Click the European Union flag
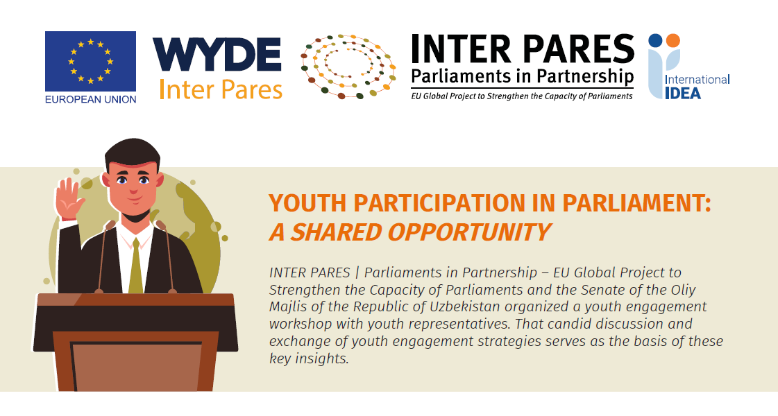90,61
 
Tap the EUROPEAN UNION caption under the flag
90,99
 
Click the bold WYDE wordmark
217,55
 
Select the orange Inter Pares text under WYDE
221,89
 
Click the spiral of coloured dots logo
348,67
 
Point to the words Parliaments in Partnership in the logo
523,76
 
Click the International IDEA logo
688,67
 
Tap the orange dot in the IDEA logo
673,40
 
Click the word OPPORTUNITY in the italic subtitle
469,232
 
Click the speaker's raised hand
68,198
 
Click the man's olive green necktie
135,266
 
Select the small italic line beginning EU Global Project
522,96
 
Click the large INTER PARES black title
523,50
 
